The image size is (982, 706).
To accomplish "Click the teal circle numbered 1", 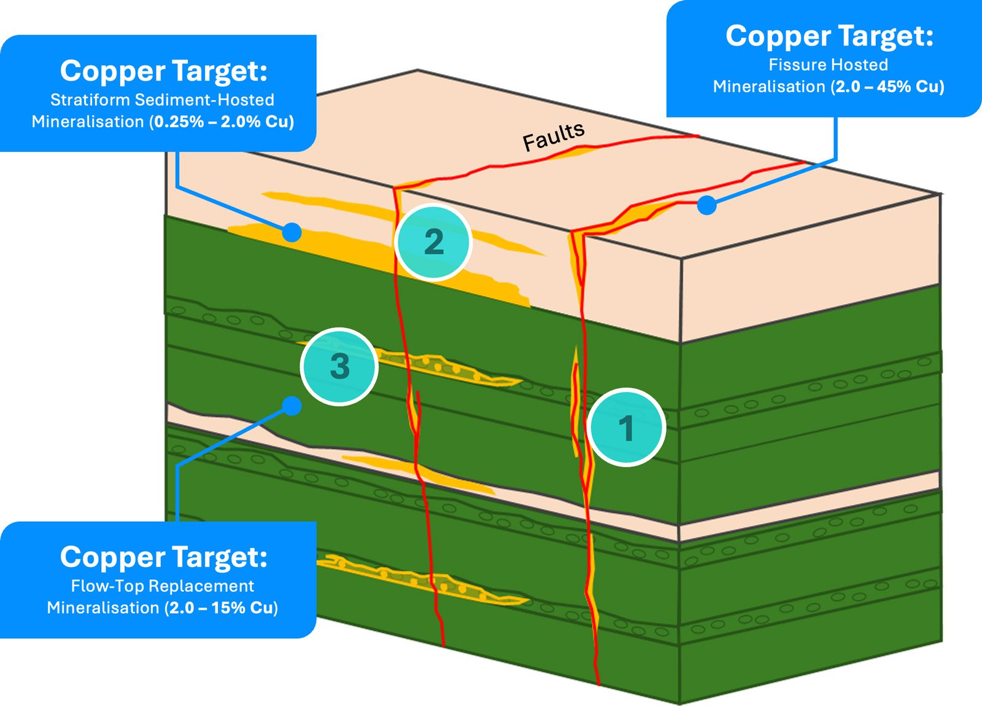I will point(626,428).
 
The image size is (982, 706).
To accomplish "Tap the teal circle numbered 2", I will point(433,242).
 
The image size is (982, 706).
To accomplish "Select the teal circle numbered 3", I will point(339,366).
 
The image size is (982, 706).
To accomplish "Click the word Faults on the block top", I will point(554,136).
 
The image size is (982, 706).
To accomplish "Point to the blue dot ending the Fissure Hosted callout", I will point(707,205).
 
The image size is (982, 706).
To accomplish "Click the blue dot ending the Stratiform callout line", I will point(292,232).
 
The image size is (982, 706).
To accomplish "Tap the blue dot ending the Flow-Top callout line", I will point(292,406).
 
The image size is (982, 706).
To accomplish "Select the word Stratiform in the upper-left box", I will point(90,100).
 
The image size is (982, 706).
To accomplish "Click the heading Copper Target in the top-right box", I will point(829,36).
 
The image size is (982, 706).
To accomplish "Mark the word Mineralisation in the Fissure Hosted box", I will point(769,87).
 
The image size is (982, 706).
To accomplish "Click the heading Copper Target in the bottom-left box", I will point(163,557).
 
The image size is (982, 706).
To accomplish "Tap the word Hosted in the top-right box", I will point(860,65).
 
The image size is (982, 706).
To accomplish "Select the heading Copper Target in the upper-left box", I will point(163,71).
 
